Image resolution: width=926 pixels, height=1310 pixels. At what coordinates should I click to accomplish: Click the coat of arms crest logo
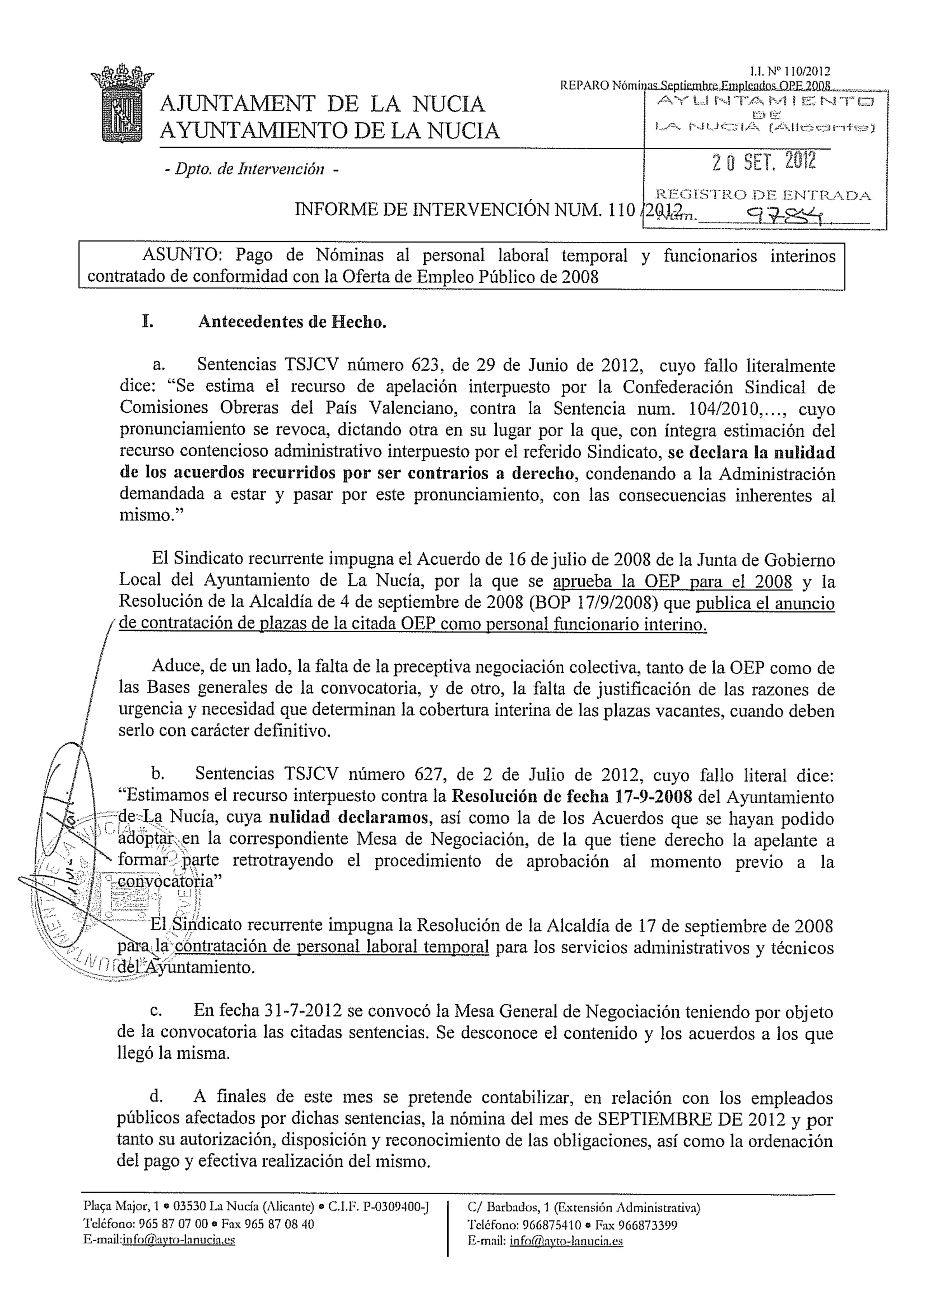click(122, 104)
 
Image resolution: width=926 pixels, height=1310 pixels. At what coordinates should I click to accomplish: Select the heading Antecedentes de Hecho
click(292, 322)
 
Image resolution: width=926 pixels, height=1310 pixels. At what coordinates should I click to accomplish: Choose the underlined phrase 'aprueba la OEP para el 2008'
click(673, 582)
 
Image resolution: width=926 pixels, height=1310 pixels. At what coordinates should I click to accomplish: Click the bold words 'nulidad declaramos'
click(349, 817)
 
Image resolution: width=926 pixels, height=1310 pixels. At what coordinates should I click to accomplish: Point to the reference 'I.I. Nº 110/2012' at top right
click(790, 71)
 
